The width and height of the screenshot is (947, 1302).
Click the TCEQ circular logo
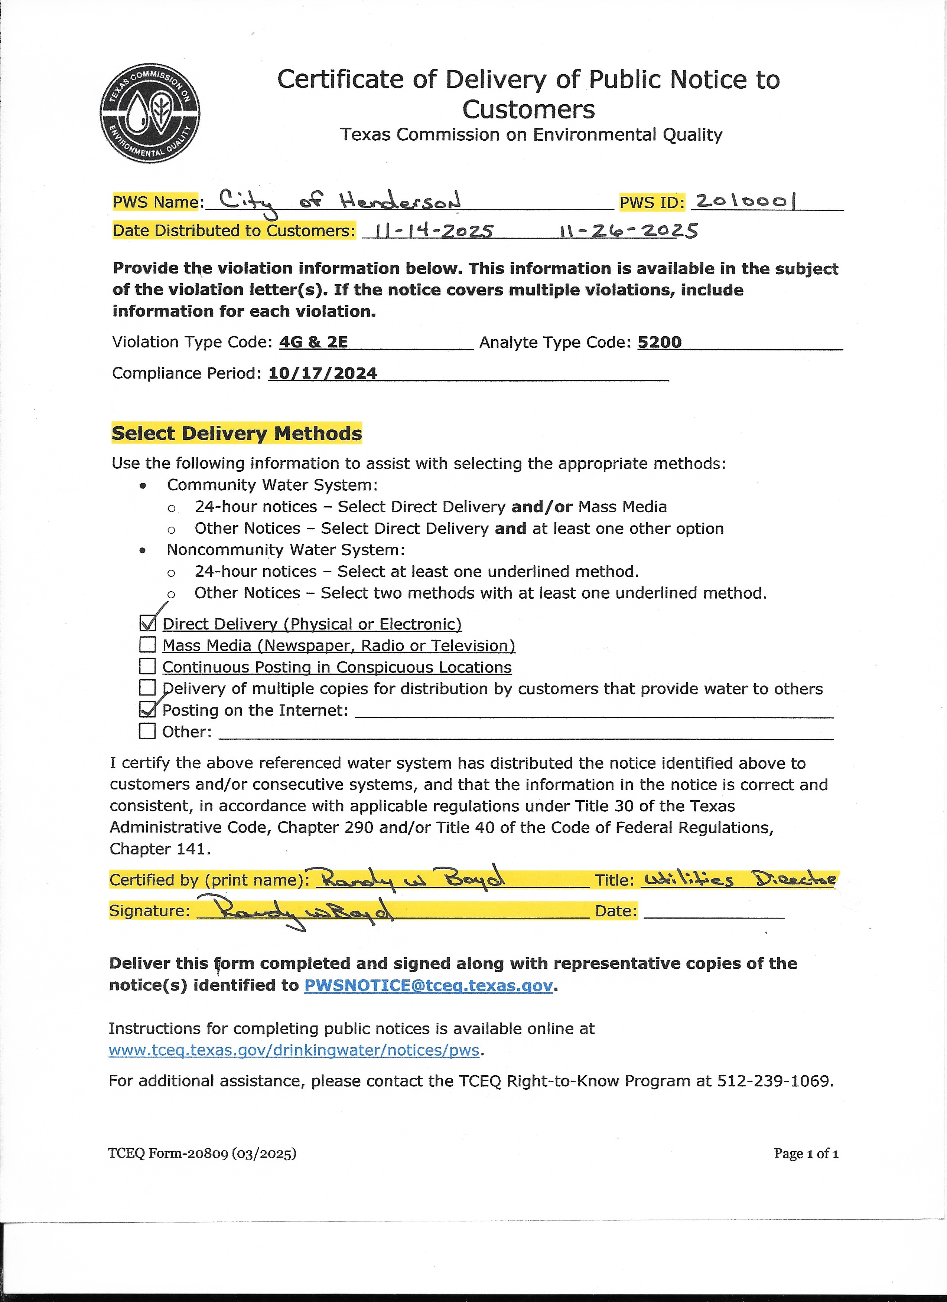150,113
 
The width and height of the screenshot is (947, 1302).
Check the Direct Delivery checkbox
147,624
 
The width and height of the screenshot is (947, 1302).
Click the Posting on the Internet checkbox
147,710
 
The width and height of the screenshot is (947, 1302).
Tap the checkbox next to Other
147,732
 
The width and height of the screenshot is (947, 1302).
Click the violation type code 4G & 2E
313,342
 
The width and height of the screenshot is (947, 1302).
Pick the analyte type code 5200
659,342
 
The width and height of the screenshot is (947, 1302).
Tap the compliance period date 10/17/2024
323,373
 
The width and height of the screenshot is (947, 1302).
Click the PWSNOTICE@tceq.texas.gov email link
428,985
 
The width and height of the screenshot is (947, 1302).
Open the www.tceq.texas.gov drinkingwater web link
294,1050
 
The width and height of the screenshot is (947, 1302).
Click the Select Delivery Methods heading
237,434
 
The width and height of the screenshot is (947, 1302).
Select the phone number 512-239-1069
774,1081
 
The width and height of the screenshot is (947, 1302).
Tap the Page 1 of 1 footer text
806,1153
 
